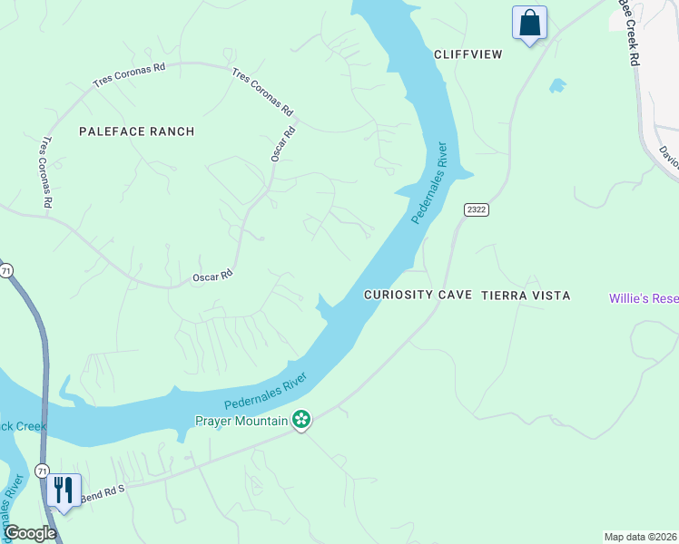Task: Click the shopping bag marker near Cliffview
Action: pyautogui.click(x=529, y=23)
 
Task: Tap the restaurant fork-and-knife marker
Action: pyautogui.click(x=63, y=491)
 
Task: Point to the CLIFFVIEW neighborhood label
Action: pyautogui.click(x=467, y=54)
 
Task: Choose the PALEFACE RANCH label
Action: pyautogui.click(x=136, y=131)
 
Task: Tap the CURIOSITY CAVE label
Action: pyautogui.click(x=418, y=296)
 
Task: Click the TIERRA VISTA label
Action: pyautogui.click(x=526, y=296)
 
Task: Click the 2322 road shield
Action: pyautogui.click(x=477, y=209)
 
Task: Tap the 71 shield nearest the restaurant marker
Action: pyautogui.click(x=42, y=471)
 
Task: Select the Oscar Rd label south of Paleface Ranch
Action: pyautogui.click(x=212, y=274)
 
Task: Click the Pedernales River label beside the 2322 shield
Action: pyautogui.click(x=430, y=182)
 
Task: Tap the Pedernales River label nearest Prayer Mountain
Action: pyautogui.click(x=266, y=393)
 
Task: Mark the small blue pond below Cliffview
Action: pyautogui.click(x=557, y=86)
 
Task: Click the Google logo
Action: pyautogui.click(x=30, y=533)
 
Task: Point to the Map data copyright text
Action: pyautogui.click(x=640, y=537)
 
